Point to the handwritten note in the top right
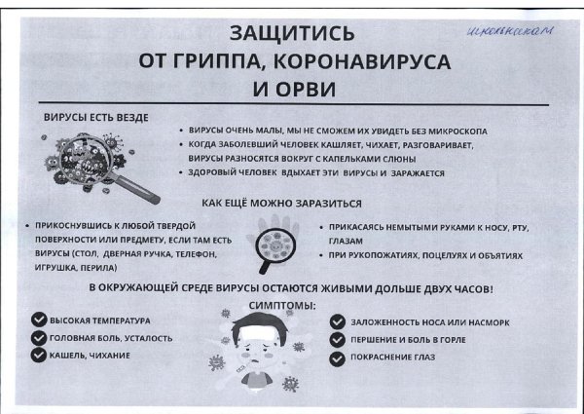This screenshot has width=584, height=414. (523, 32)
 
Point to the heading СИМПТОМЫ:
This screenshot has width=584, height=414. (283, 306)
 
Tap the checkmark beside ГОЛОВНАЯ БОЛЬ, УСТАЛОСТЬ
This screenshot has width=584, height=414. (38, 338)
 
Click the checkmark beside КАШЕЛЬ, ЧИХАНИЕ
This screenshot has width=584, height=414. (38, 356)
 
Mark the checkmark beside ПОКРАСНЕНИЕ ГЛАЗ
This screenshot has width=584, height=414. (338, 358)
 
